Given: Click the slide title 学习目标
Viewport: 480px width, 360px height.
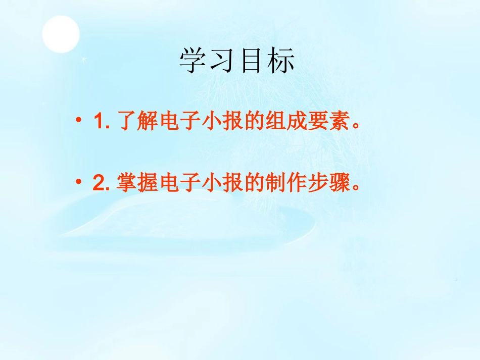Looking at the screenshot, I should point(237,62).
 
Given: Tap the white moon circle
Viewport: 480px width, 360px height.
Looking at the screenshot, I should point(61,34).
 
